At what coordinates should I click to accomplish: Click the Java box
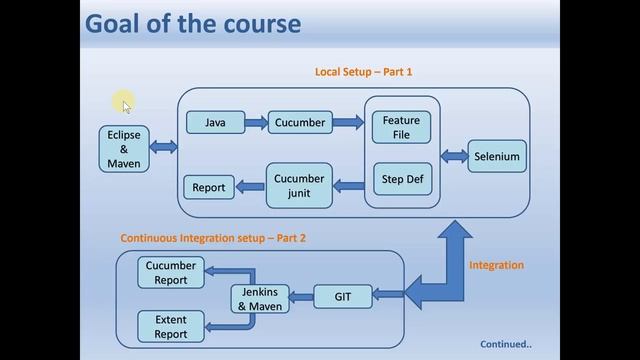click(215, 123)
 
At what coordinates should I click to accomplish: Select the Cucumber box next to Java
click(300, 123)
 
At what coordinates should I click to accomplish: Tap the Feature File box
click(402, 128)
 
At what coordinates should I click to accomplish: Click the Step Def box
click(402, 179)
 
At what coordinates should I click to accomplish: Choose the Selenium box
click(497, 157)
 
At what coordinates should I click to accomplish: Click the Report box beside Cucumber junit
click(209, 187)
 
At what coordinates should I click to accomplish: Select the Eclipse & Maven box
click(124, 148)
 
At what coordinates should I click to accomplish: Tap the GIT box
click(343, 296)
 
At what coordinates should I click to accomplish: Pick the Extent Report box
click(171, 327)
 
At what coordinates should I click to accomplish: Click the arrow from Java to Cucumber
click(256, 123)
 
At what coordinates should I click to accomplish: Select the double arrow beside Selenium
click(454, 157)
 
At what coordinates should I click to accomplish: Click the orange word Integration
click(496, 265)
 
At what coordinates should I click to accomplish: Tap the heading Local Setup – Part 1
click(363, 72)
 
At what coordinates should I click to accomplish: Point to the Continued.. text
click(505, 344)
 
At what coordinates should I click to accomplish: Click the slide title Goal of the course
click(193, 23)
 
